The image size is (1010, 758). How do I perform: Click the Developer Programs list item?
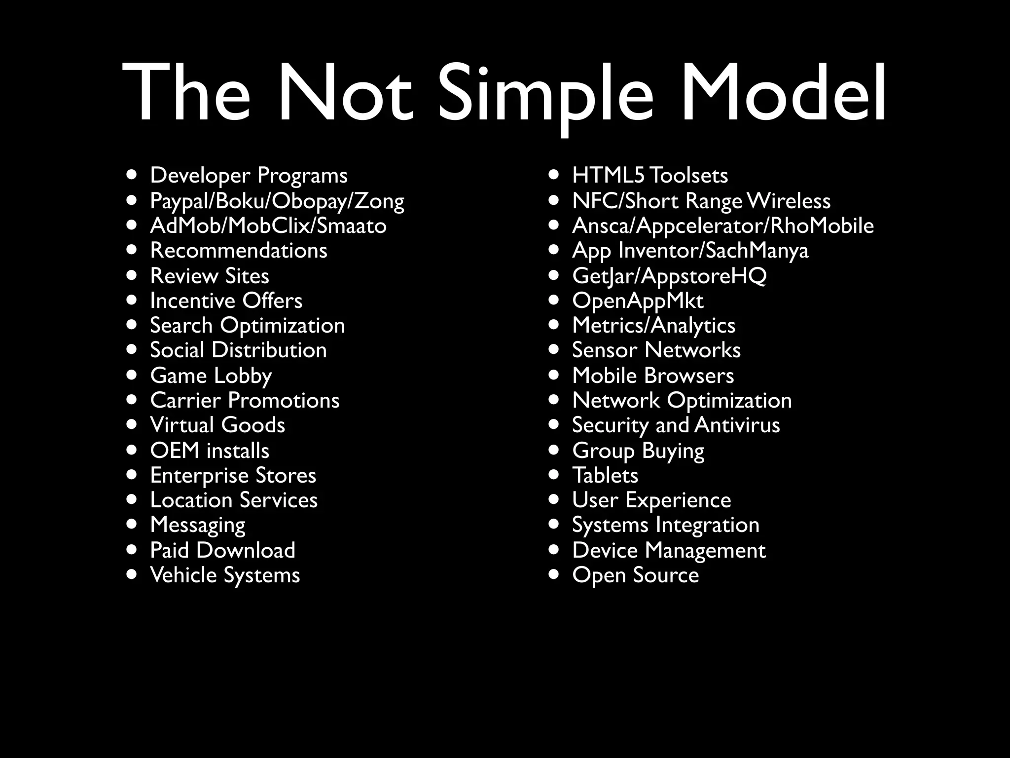point(249,176)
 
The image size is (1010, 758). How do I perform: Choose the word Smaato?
point(351,226)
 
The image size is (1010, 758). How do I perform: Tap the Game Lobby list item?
point(211,376)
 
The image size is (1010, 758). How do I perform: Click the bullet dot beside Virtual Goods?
point(131,424)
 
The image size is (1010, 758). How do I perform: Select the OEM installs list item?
point(210,451)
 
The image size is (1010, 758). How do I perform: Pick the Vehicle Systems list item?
point(225,575)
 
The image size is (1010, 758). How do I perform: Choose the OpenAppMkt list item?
point(638,301)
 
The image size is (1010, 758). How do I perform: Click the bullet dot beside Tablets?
point(554,475)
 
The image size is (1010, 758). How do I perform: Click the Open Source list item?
point(635,575)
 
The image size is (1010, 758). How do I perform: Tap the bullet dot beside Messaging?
point(131,524)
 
